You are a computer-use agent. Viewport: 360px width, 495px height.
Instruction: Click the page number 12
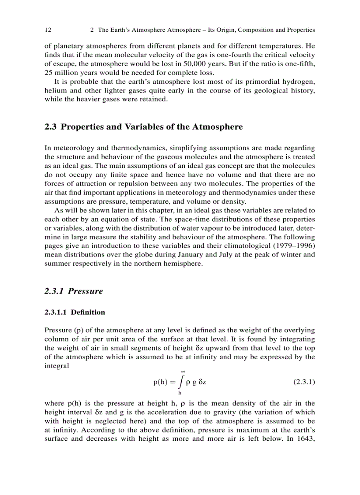pos(48,30)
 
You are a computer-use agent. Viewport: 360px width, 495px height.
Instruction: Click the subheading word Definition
pos(88,313)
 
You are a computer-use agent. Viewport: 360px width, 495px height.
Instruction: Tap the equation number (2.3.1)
pos(304,382)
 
